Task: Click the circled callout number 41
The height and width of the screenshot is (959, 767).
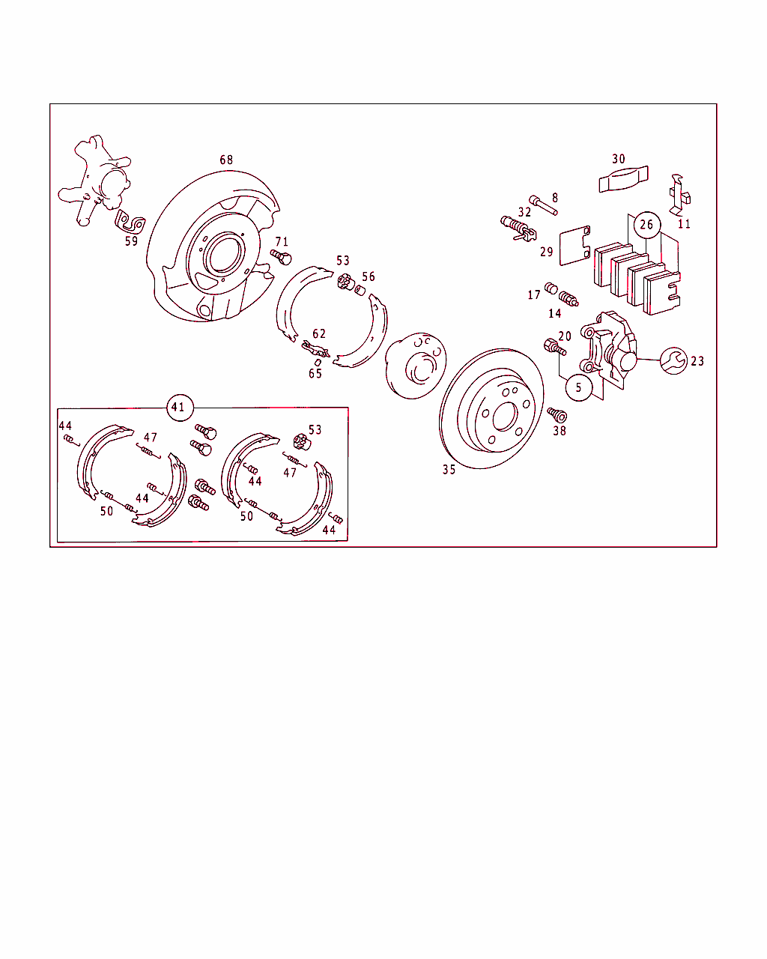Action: pos(180,408)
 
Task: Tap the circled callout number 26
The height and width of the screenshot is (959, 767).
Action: pos(646,225)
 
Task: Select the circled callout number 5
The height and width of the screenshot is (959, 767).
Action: pos(578,387)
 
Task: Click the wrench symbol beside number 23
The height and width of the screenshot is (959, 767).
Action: pos(673,360)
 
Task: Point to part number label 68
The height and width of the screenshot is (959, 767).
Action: pos(226,160)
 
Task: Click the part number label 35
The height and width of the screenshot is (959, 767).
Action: pos(449,470)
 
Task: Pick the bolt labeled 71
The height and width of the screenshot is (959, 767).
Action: pos(281,257)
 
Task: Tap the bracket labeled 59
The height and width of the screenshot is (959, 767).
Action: pos(130,222)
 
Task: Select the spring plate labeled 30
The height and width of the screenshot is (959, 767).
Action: pos(623,179)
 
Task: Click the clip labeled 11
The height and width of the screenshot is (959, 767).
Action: pos(679,195)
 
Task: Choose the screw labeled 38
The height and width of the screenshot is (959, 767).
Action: pos(557,415)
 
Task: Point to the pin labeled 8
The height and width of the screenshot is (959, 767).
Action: pos(543,205)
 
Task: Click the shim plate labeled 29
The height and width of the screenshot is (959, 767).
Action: pos(575,246)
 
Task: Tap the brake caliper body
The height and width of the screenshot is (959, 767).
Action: pos(608,349)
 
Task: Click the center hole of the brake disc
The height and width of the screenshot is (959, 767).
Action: pos(505,417)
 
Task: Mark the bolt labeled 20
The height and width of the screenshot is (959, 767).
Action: pos(555,347)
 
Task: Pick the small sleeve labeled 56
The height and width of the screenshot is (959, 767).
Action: pos(360,291)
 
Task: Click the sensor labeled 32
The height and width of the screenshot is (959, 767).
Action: pos(518,229)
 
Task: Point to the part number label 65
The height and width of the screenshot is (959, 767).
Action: pos(315,373)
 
